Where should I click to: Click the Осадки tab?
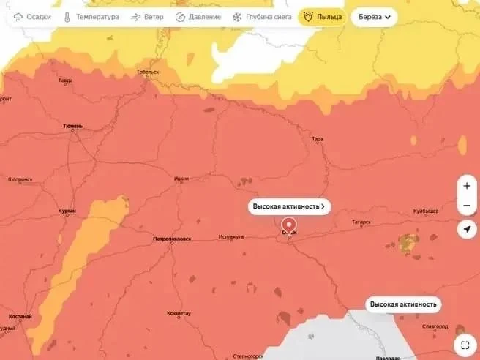(32, 16)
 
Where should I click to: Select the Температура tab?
(91, 16)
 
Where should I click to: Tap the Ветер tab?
(147, 16)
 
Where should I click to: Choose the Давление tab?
(198, 16)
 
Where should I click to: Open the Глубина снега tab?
(262, 16)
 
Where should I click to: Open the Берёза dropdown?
(374, 16)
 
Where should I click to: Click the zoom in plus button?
(467, 186)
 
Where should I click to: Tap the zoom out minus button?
(467, 206)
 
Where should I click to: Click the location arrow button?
(467, 230)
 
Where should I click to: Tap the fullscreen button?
(465, 345)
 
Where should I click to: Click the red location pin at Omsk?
(289, 225)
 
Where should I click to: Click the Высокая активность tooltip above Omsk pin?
(289, 206)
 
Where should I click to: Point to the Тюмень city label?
(72, 126)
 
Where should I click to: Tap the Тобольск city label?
(147, 72)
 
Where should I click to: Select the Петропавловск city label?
(172, 239)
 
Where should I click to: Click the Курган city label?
(67, 211)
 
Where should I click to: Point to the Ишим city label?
(181, 179)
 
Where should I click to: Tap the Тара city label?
(317, 138)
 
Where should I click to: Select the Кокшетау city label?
(179, 313)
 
